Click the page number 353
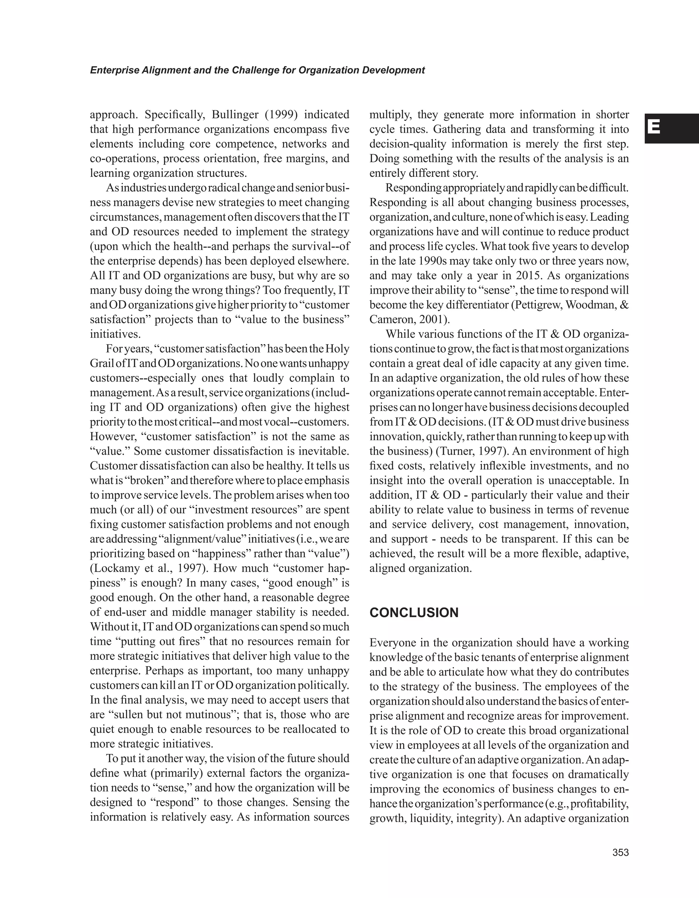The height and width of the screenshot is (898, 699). (x=620, y=852)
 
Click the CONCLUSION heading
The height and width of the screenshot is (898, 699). (x=414, y=613)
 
